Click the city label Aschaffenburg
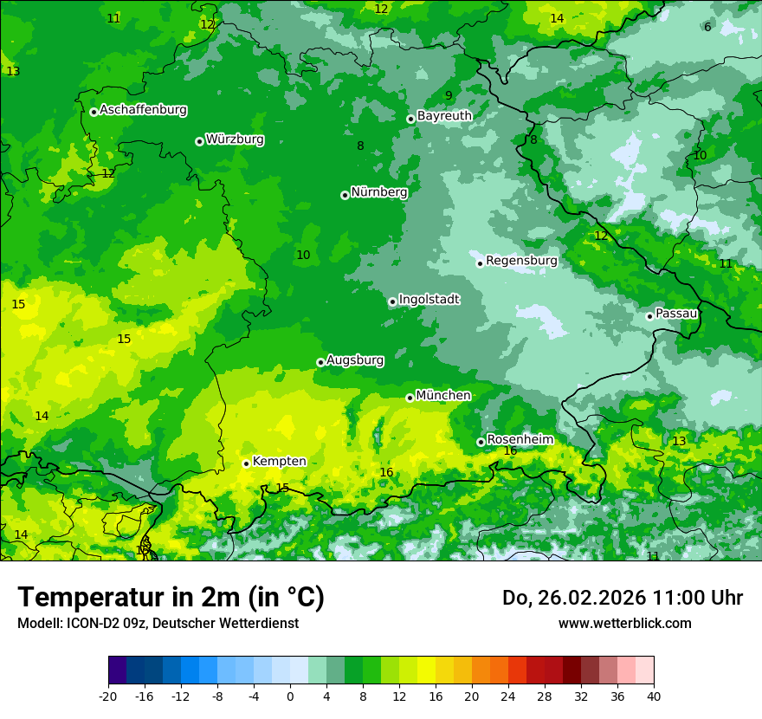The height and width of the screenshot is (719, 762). (x=143, y=110)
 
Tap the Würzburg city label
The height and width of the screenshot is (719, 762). (x=235, y=139)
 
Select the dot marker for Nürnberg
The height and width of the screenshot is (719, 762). (x=345, y=195)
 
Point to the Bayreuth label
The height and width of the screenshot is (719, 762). (x=444, y=116)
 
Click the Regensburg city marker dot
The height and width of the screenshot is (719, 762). (x=480, y=263)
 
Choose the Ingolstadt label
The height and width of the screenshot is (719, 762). (x=429, y=300)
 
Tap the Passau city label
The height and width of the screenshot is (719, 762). (x=676, y=314)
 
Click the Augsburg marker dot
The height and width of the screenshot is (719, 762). (x=320, y=362)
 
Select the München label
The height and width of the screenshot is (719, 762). (x=443, y=396)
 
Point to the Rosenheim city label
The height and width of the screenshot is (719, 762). (x=520, y=440)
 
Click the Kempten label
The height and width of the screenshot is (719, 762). (x=279, y=462)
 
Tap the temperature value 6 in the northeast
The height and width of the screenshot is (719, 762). (x=707, y=27)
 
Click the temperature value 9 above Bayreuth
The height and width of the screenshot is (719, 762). (x=449, y=96)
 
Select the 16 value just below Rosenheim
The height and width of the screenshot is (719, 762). (x=510, y=451)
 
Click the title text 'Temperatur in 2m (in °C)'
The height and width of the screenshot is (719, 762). (x=171, y=597)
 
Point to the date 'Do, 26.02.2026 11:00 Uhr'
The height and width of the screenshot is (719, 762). (x=622, y=598)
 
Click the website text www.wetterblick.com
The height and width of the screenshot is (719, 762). (x=624, y=623)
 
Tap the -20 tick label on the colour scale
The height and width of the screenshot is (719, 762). (x=107, y=696)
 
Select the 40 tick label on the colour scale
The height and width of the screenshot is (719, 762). (x=654, y=696)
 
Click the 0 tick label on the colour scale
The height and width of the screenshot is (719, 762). (x=290, y=696)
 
